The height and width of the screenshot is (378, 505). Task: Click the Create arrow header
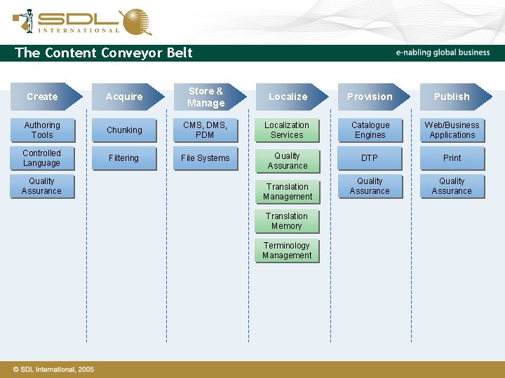click(43, 97)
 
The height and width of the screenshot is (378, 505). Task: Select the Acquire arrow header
click(124, 97)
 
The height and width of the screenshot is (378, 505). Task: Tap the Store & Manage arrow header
click(206, 97)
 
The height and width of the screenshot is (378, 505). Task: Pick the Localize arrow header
click(288, 97)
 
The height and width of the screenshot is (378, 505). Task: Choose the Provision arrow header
click(370, 97)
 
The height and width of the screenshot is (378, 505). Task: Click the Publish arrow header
click(452, 97)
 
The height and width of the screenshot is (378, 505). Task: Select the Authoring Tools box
click(42, 130)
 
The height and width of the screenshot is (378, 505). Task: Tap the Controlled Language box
click(42, 158)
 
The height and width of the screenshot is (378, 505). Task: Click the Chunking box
click(124, 130)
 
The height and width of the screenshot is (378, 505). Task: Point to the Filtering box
click(124, 158)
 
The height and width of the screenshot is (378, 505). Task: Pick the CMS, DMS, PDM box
click(205, 130)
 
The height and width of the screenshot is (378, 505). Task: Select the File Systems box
click(205, 158)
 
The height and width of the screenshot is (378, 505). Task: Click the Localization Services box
click(287, 130)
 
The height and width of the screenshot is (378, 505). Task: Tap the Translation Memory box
click(287, 221)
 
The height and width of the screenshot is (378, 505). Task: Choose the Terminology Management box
click(287, 251)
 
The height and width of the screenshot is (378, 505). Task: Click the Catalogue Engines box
click(370, 130)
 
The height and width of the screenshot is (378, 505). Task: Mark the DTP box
click(370, 158)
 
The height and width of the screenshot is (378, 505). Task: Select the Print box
click(452, 158)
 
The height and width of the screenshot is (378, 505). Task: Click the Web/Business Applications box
click(452, 130)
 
